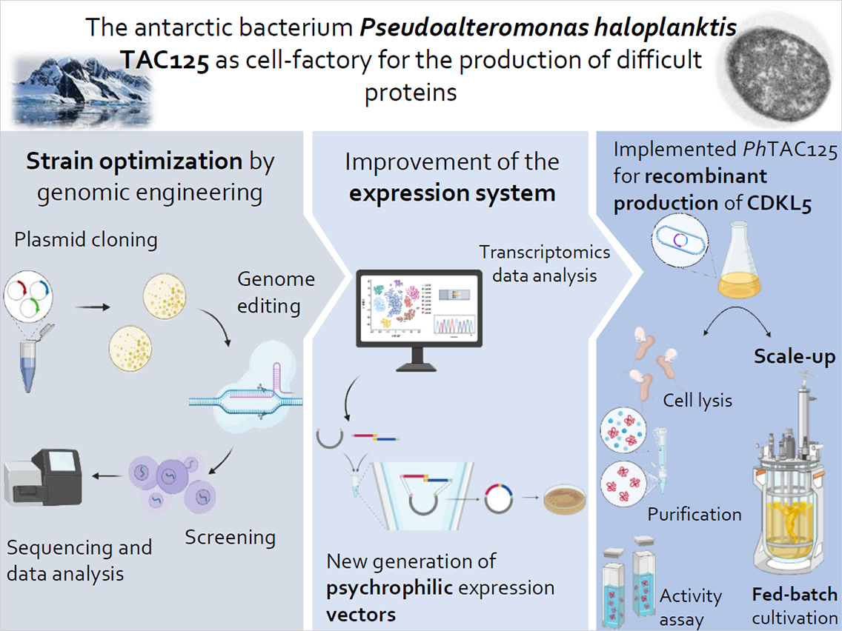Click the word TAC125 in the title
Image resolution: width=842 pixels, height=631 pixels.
[164, 60]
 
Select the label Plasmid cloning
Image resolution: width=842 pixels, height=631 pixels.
[86, 240]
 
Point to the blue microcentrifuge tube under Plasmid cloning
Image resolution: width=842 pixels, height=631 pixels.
[30, 359]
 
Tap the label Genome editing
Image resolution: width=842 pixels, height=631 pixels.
[276, 293]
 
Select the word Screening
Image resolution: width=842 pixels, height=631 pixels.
[231, 537]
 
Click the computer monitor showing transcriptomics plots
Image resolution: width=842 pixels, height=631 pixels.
[419, 320]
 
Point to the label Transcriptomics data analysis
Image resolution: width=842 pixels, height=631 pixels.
[545, 264]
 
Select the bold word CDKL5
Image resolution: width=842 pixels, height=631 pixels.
[779, 204]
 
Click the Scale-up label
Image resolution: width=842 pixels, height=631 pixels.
[795, 357]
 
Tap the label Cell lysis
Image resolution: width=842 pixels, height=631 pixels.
[697, 400]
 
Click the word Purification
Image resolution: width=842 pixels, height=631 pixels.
[695, 514]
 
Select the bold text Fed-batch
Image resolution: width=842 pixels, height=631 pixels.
[795, 595]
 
